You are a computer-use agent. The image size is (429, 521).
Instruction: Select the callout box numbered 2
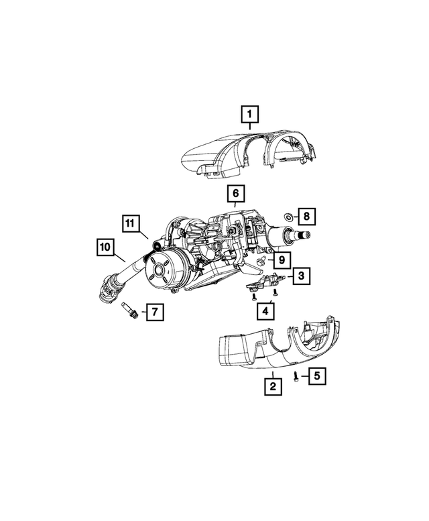(x=271, y=386)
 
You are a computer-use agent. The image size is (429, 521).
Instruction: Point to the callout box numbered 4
(x=265, y=310)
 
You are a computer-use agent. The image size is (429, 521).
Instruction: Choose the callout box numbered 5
(x=316, y=376)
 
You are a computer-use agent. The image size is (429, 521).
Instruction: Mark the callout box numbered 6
(x=235, y=194)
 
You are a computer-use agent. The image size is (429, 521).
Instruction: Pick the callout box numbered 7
(x=154, y=312)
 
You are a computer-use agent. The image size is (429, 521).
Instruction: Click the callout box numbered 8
(x=306, y=216)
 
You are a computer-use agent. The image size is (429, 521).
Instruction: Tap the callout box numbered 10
(x=105, y=247)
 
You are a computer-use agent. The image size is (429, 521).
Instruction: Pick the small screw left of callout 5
(x=296, y=376)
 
